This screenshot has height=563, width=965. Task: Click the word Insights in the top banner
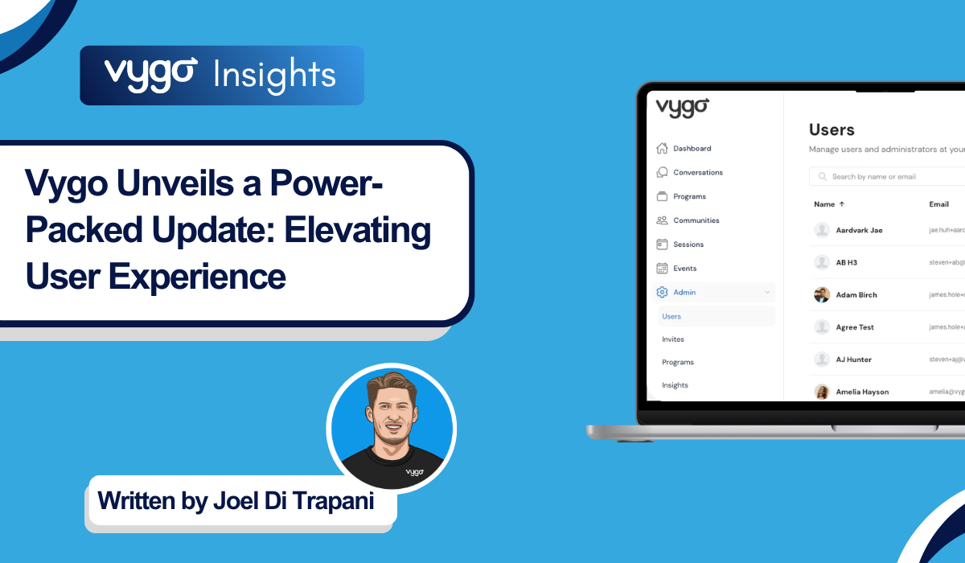(x=275, y=76)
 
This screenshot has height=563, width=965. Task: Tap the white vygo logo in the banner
(x=150, y=74)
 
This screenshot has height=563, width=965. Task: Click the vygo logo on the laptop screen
(x=682, y=107)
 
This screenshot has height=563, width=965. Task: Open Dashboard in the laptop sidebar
(x=692, y=149)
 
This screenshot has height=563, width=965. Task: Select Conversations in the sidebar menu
(x=697, y=172)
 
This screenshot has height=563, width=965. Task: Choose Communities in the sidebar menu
(x=696, y=220)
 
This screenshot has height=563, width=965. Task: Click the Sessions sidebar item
(x=688, y=245)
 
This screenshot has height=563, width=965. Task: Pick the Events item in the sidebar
(x=685, y=269)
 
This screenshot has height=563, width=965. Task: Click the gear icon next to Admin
(x=663, y=293)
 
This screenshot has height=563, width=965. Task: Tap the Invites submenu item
(x=673, y=339)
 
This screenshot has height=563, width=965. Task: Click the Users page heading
(x=832, y=129)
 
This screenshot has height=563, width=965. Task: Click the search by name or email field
(x=885, y=177)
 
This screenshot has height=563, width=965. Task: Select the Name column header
(x=824, y=204)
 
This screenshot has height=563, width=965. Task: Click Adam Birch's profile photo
(x=822, y=295)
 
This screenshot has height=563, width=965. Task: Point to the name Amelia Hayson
(x=862, y=392)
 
